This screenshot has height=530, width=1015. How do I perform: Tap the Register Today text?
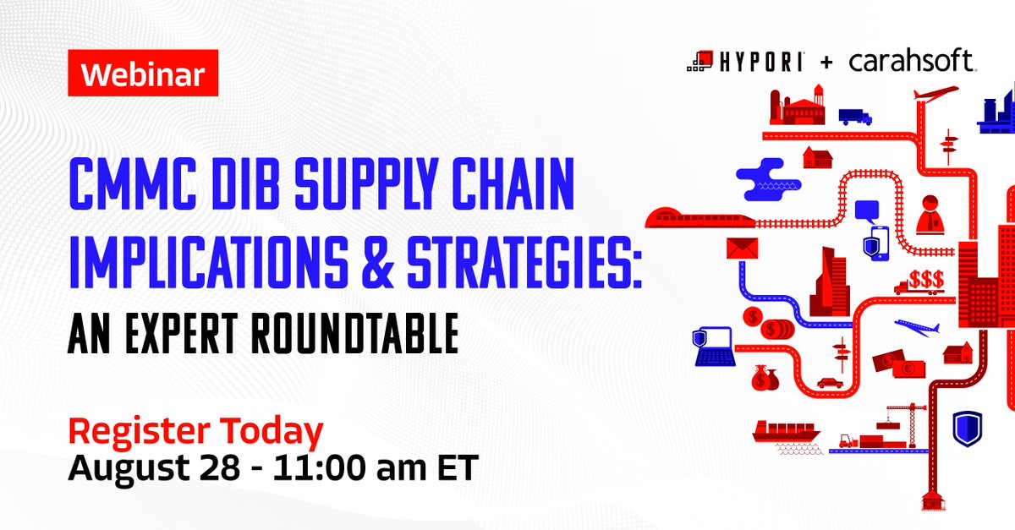pyautogui.click(x=195, y=431)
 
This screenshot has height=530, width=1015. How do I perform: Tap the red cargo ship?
pyautogui.click(x=785, y=430)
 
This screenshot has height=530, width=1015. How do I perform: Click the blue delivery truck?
pyautogui.click(x=854, y=116)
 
